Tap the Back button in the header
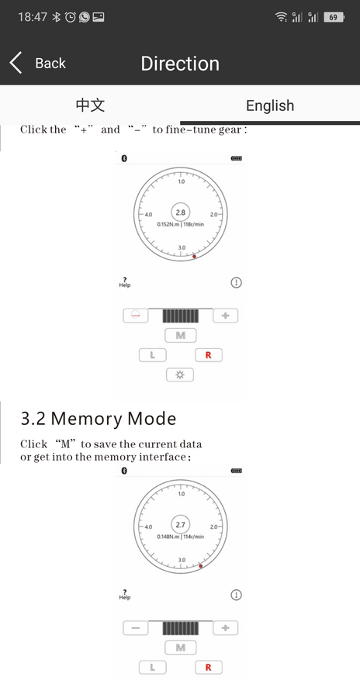point(38,64)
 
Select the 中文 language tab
point(90,105)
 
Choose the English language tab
point(270,105)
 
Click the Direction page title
point(180,64)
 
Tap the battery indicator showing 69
point(334,17)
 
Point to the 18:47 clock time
point(33,17)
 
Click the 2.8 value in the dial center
point(181,212)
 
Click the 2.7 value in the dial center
point(181,525)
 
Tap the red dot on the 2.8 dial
point(194,257)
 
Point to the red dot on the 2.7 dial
point(200,566)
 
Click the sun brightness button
point(180,375)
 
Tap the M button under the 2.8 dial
point(181,335)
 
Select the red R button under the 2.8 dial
point(208,355)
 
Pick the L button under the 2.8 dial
point(152,355)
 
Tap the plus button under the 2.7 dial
point(226,627)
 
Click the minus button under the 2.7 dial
point(136,627)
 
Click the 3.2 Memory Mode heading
point(99,419)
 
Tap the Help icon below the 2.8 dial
point(124,282)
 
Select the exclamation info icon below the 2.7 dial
point(236,595)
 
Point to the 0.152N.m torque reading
point(168,224)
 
